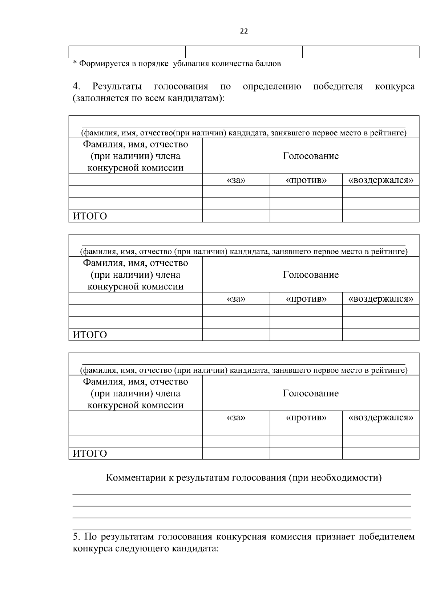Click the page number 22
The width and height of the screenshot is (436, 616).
[x=244, y=31]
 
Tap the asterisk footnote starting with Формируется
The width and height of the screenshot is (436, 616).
[x=177, y=64]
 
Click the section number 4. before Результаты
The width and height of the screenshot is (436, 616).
[x=76, y=86]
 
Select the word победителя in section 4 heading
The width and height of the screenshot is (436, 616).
[x=338, y=86]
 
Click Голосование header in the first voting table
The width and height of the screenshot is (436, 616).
[x=311, y=156]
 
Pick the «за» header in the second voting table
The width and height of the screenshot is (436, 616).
[x=236, y=299]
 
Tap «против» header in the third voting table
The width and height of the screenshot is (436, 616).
[x=306, y=417]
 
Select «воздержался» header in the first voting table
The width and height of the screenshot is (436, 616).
[x=381, y=180]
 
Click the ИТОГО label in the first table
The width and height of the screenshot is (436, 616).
[x=90, y=216]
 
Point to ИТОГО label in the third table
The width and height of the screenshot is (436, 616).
[x=90, y=454]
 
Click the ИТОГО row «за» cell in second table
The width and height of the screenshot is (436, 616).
[x=236, y=335]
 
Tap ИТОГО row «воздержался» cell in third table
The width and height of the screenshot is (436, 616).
[x=381, y=453]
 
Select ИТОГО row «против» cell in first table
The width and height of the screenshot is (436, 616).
[x=306, y=216]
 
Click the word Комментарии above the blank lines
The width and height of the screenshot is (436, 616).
[x=136, y=478]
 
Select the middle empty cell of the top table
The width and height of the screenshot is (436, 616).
[x=244, y=52]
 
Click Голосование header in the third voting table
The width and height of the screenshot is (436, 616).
[x=311, y=393]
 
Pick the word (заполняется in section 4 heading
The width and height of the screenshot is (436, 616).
[x=98, y=98]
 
